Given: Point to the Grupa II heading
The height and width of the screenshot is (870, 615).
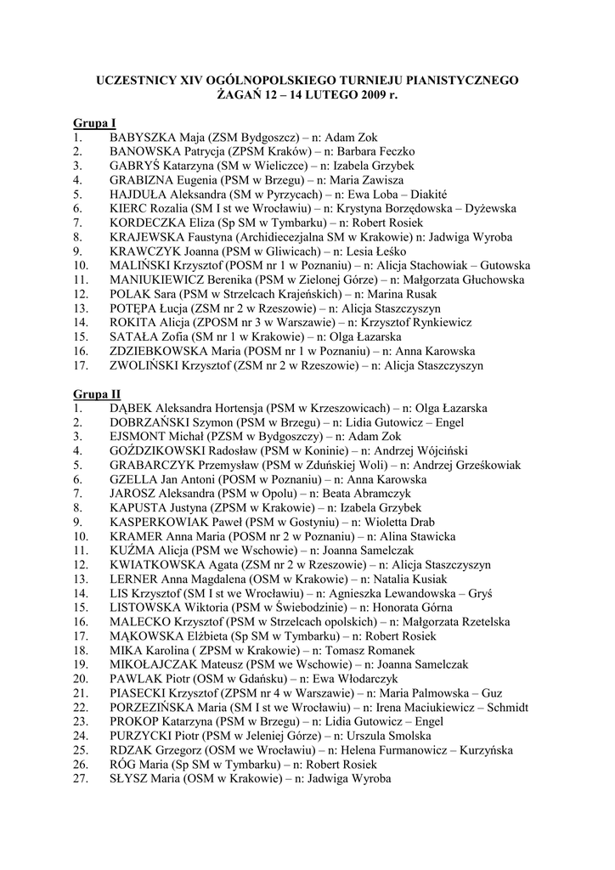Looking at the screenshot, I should pyautogui.click(x=96, y=394).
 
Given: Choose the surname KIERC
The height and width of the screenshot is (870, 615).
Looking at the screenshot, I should pyautogui.click(x=128, y=208).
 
